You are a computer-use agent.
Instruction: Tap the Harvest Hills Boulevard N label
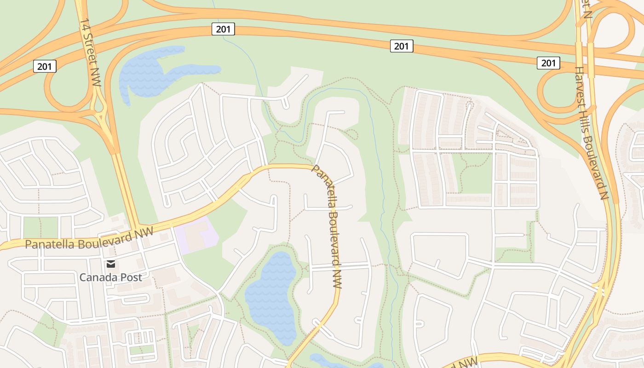591,133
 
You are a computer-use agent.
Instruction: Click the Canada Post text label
110,277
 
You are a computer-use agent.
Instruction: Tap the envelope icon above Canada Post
110,264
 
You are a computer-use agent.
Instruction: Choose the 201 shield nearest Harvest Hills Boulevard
548,63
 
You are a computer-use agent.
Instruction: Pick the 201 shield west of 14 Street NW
45,66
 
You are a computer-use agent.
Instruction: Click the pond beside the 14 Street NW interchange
147,74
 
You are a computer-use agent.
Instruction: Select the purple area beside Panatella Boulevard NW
195,235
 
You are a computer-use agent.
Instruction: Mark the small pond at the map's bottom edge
331,361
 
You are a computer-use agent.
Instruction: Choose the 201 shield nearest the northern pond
224,29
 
